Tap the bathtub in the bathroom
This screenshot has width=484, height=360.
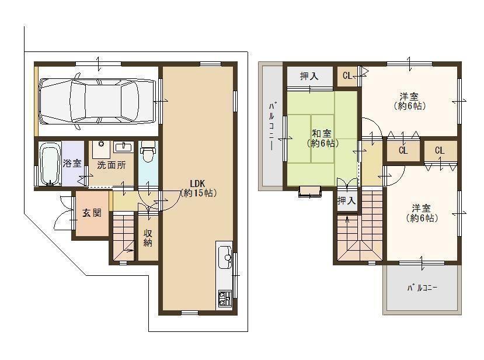48,164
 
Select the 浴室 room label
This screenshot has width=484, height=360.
72,164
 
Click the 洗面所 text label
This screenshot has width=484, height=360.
111,165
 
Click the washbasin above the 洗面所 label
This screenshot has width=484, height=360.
123,146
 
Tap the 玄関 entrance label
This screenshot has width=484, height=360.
91,213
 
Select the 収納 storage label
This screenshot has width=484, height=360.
148,238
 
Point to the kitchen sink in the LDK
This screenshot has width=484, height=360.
225,257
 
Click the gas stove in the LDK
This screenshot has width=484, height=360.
224,298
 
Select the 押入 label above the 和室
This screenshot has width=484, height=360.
309,76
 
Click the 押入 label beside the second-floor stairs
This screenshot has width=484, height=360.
346,200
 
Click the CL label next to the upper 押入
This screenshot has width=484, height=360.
348,75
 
